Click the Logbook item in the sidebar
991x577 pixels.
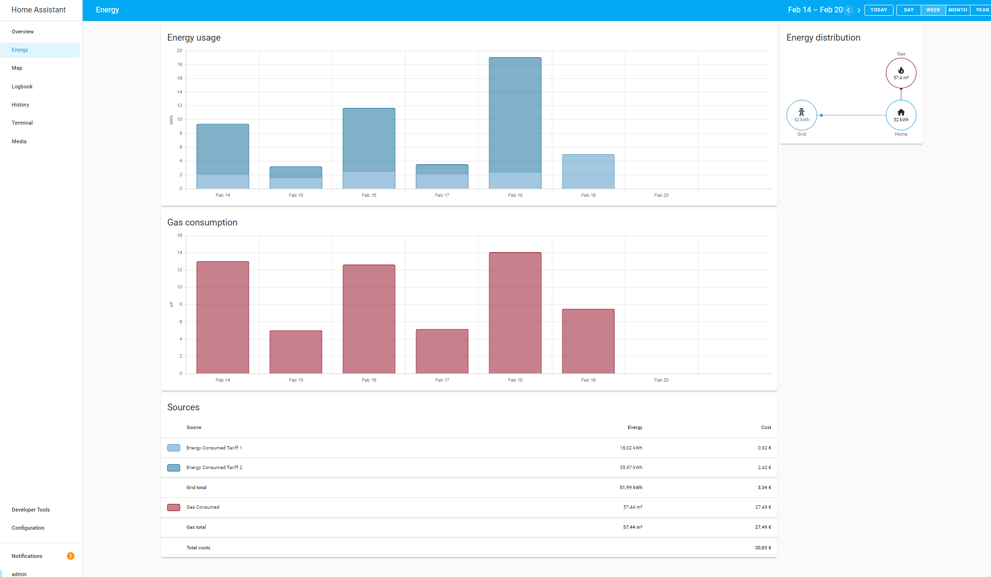(x=22, y=86)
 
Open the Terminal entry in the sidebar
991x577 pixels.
(x=22, y=123)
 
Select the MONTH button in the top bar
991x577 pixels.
(x=958, y=10)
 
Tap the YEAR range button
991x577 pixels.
(x=982, y=10)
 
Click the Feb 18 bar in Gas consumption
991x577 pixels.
(x=515, y=313)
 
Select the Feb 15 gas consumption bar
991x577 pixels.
(x=296, y=352)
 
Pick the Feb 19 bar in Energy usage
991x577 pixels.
(x=588, y=171)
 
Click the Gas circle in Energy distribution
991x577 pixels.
(x=901, y=73)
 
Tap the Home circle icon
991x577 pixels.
(x=901, y=115)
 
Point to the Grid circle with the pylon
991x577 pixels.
(x=801, y=115)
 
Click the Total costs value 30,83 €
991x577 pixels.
(x=763, y=548)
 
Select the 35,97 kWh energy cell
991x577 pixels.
(x=631, y=468)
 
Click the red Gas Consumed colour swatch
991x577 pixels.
(x=173, y=507)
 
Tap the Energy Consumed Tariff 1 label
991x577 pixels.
(x=214, y=448)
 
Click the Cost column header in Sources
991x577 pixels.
(x=766, y=427)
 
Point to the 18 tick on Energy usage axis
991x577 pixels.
(x=180, y=64)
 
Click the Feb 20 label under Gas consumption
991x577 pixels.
(x=661, y=380)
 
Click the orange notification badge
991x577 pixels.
(x=71, y=556)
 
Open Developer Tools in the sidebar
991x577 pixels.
(x=31, y=510)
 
